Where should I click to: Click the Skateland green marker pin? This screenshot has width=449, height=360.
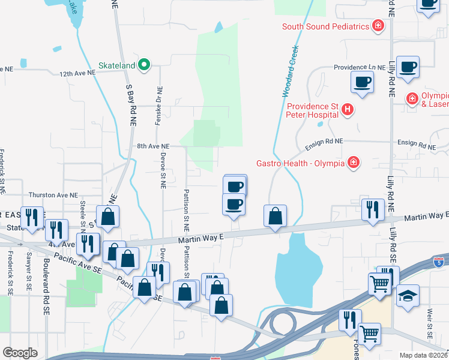coord(144,64)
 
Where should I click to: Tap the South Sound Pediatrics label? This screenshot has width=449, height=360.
coord(325,26)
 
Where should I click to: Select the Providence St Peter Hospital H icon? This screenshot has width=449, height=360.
coord(347,109)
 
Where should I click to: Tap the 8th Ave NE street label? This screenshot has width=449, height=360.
coord(153,146)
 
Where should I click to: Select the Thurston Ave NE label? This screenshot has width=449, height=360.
coord(53,196)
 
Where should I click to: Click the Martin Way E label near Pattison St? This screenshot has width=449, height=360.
coord(200,238)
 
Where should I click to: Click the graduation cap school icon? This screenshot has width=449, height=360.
coord(408,296)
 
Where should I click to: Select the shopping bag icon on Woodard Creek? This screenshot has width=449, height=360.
coord(275,217)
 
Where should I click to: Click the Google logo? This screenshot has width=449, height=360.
coord(20,353)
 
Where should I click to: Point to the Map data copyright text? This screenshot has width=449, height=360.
coord(424,355)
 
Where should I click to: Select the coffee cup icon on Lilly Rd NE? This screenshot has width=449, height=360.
coord(408,68)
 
